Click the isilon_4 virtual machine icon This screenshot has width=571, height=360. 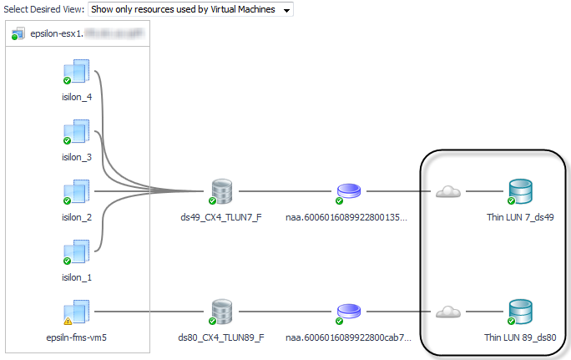point(77,71)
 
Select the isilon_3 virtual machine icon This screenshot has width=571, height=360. point(77,132)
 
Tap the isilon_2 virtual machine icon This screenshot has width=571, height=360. point(77,192)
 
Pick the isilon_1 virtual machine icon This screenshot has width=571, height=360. point(77,252)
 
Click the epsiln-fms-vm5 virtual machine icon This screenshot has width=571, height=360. point(77,312)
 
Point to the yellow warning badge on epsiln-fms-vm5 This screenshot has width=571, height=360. point(68,320)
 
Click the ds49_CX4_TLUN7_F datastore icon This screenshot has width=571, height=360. point(222,192)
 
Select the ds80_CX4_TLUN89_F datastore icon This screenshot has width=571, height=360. point(222,312)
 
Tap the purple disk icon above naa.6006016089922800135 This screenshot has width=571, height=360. point(347,192)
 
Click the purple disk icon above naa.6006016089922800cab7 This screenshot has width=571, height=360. point(347,312)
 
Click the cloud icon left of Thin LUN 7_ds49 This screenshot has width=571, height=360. point(448,192)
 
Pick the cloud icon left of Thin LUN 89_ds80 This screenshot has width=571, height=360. point(448,312)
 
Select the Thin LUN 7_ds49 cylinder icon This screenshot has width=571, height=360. point(519,192)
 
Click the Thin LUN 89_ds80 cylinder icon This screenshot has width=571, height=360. point(519,312)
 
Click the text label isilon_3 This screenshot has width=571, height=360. point(77,156)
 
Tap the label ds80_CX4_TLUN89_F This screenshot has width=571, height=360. point(222,337)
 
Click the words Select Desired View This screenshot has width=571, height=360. point(43,10)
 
